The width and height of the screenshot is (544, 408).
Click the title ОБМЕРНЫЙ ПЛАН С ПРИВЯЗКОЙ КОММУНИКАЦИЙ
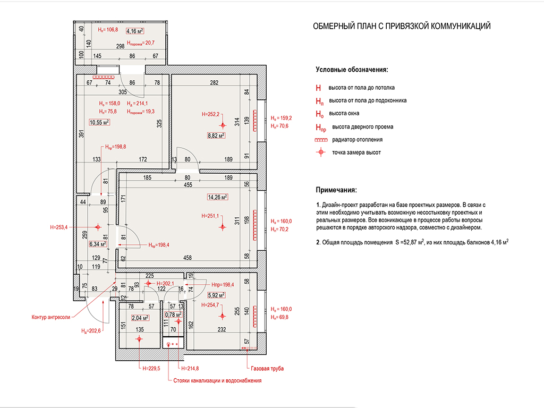402,27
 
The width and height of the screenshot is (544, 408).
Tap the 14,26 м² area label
217,197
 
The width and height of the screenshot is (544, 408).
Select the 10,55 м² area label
99,122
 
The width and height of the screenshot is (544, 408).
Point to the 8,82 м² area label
216,135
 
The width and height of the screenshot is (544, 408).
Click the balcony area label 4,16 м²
135,31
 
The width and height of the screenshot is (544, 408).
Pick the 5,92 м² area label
216,295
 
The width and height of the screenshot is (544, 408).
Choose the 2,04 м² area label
140,318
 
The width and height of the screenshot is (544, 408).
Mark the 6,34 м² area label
98,244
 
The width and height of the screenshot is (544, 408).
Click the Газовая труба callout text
267,369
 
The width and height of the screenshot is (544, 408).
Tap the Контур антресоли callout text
50,317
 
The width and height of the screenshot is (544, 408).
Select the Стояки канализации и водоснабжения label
217,380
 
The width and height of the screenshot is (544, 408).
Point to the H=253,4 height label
58,227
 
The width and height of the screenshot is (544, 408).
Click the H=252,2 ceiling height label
210,114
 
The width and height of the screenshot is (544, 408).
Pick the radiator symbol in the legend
321,140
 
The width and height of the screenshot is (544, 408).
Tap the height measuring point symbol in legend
321,152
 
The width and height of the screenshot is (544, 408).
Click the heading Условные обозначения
352,70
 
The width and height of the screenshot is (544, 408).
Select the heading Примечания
336,190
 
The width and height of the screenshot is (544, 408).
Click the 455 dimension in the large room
188,185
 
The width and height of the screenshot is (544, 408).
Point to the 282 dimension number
214,82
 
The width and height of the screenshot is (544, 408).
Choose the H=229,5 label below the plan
151,369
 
